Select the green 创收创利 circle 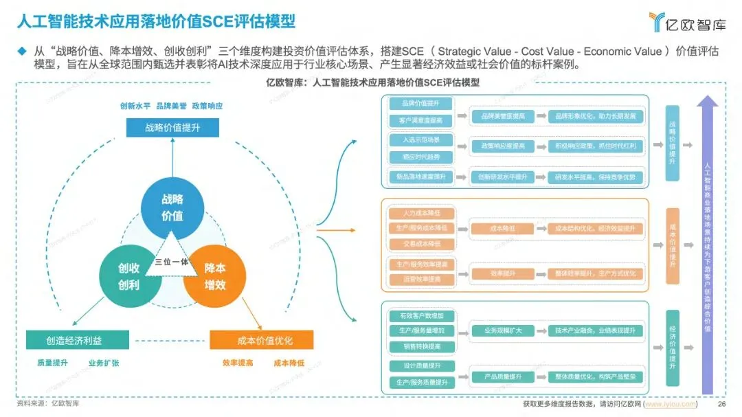pos(128,275)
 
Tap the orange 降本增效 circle pos(214,275)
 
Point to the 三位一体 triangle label pos(172,262)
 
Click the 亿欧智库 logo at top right pos(686,21)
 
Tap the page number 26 pos(721,404)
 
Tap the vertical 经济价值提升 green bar pos(673,350)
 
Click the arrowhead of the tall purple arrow pos(707,102)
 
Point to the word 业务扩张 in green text pos(103,363)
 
